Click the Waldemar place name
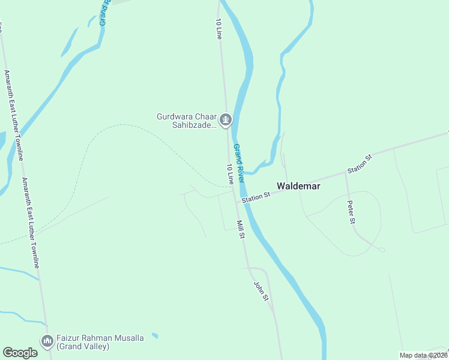[298, 186]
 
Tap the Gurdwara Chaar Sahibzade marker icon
[226, 121]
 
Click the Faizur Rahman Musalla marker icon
[47, 341]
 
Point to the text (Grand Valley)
[83, 346]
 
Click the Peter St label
[351, 212]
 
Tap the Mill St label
[240, 229]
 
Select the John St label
[260, 292]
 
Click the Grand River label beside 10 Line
[239, 163]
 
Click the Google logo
[20, 353]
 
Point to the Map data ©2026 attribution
[423, 355]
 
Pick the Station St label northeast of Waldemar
[360, 164]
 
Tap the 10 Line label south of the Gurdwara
[229, 174]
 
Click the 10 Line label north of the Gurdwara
[218, 29]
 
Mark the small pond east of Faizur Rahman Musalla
[155, 335]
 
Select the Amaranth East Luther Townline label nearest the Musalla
[31, 222]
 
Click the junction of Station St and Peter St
[346, 175]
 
